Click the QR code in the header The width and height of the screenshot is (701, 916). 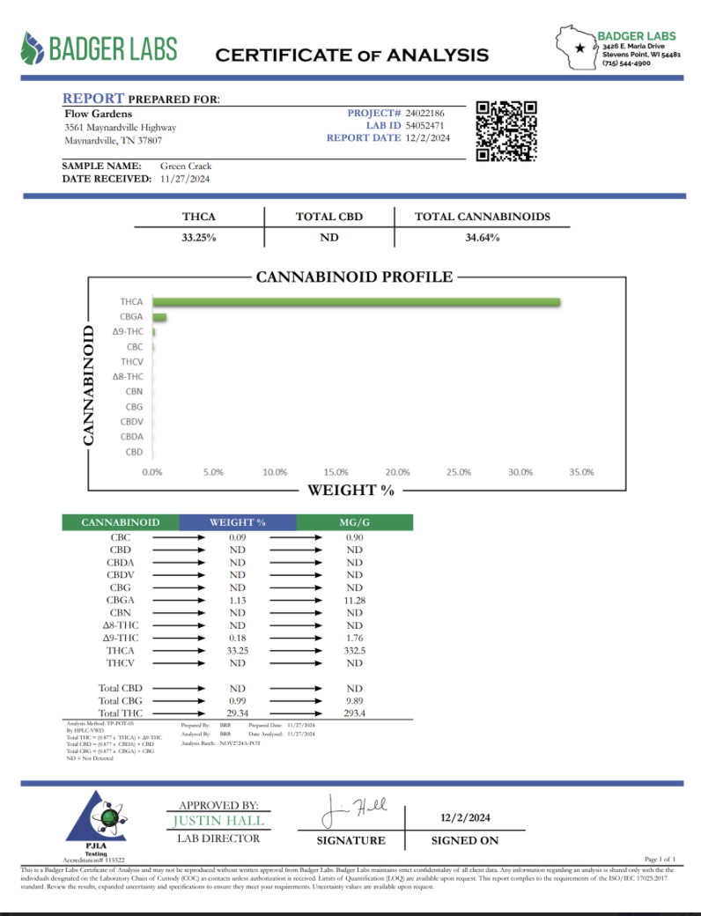[x=506, y=131]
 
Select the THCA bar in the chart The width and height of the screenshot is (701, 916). [x=357, y=302]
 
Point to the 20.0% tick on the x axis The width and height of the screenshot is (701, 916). [x=397, y=472]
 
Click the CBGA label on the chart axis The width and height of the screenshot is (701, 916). [x=131, y=316]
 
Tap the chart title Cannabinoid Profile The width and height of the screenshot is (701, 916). [x=354, y=277]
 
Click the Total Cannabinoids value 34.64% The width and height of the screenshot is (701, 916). [x=482, y=238]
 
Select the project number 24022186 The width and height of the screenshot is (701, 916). [x=426, y=114]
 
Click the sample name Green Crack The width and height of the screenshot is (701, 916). [x=186, y=166]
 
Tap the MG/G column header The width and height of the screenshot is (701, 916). [x=354, y=522]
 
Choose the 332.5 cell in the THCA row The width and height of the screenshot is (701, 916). [x=354, y=650]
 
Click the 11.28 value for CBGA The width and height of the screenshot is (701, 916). [x=354, y=600]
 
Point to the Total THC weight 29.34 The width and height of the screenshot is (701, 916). [x=237, y=713]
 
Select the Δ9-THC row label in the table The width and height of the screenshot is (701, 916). [x=121, y=638]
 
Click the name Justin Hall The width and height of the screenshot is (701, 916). [x=218, y=821]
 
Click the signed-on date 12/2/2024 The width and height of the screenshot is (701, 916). [x=465, y=818]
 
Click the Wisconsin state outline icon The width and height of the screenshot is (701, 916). [x=577, y=49]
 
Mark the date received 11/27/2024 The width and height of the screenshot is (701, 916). [x=186, y=179]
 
